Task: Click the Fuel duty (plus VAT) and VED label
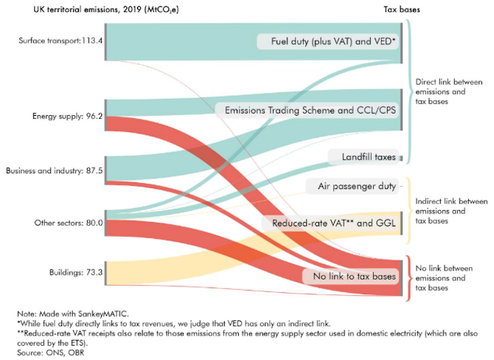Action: (330, 41)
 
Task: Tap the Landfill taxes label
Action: (365, 157)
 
